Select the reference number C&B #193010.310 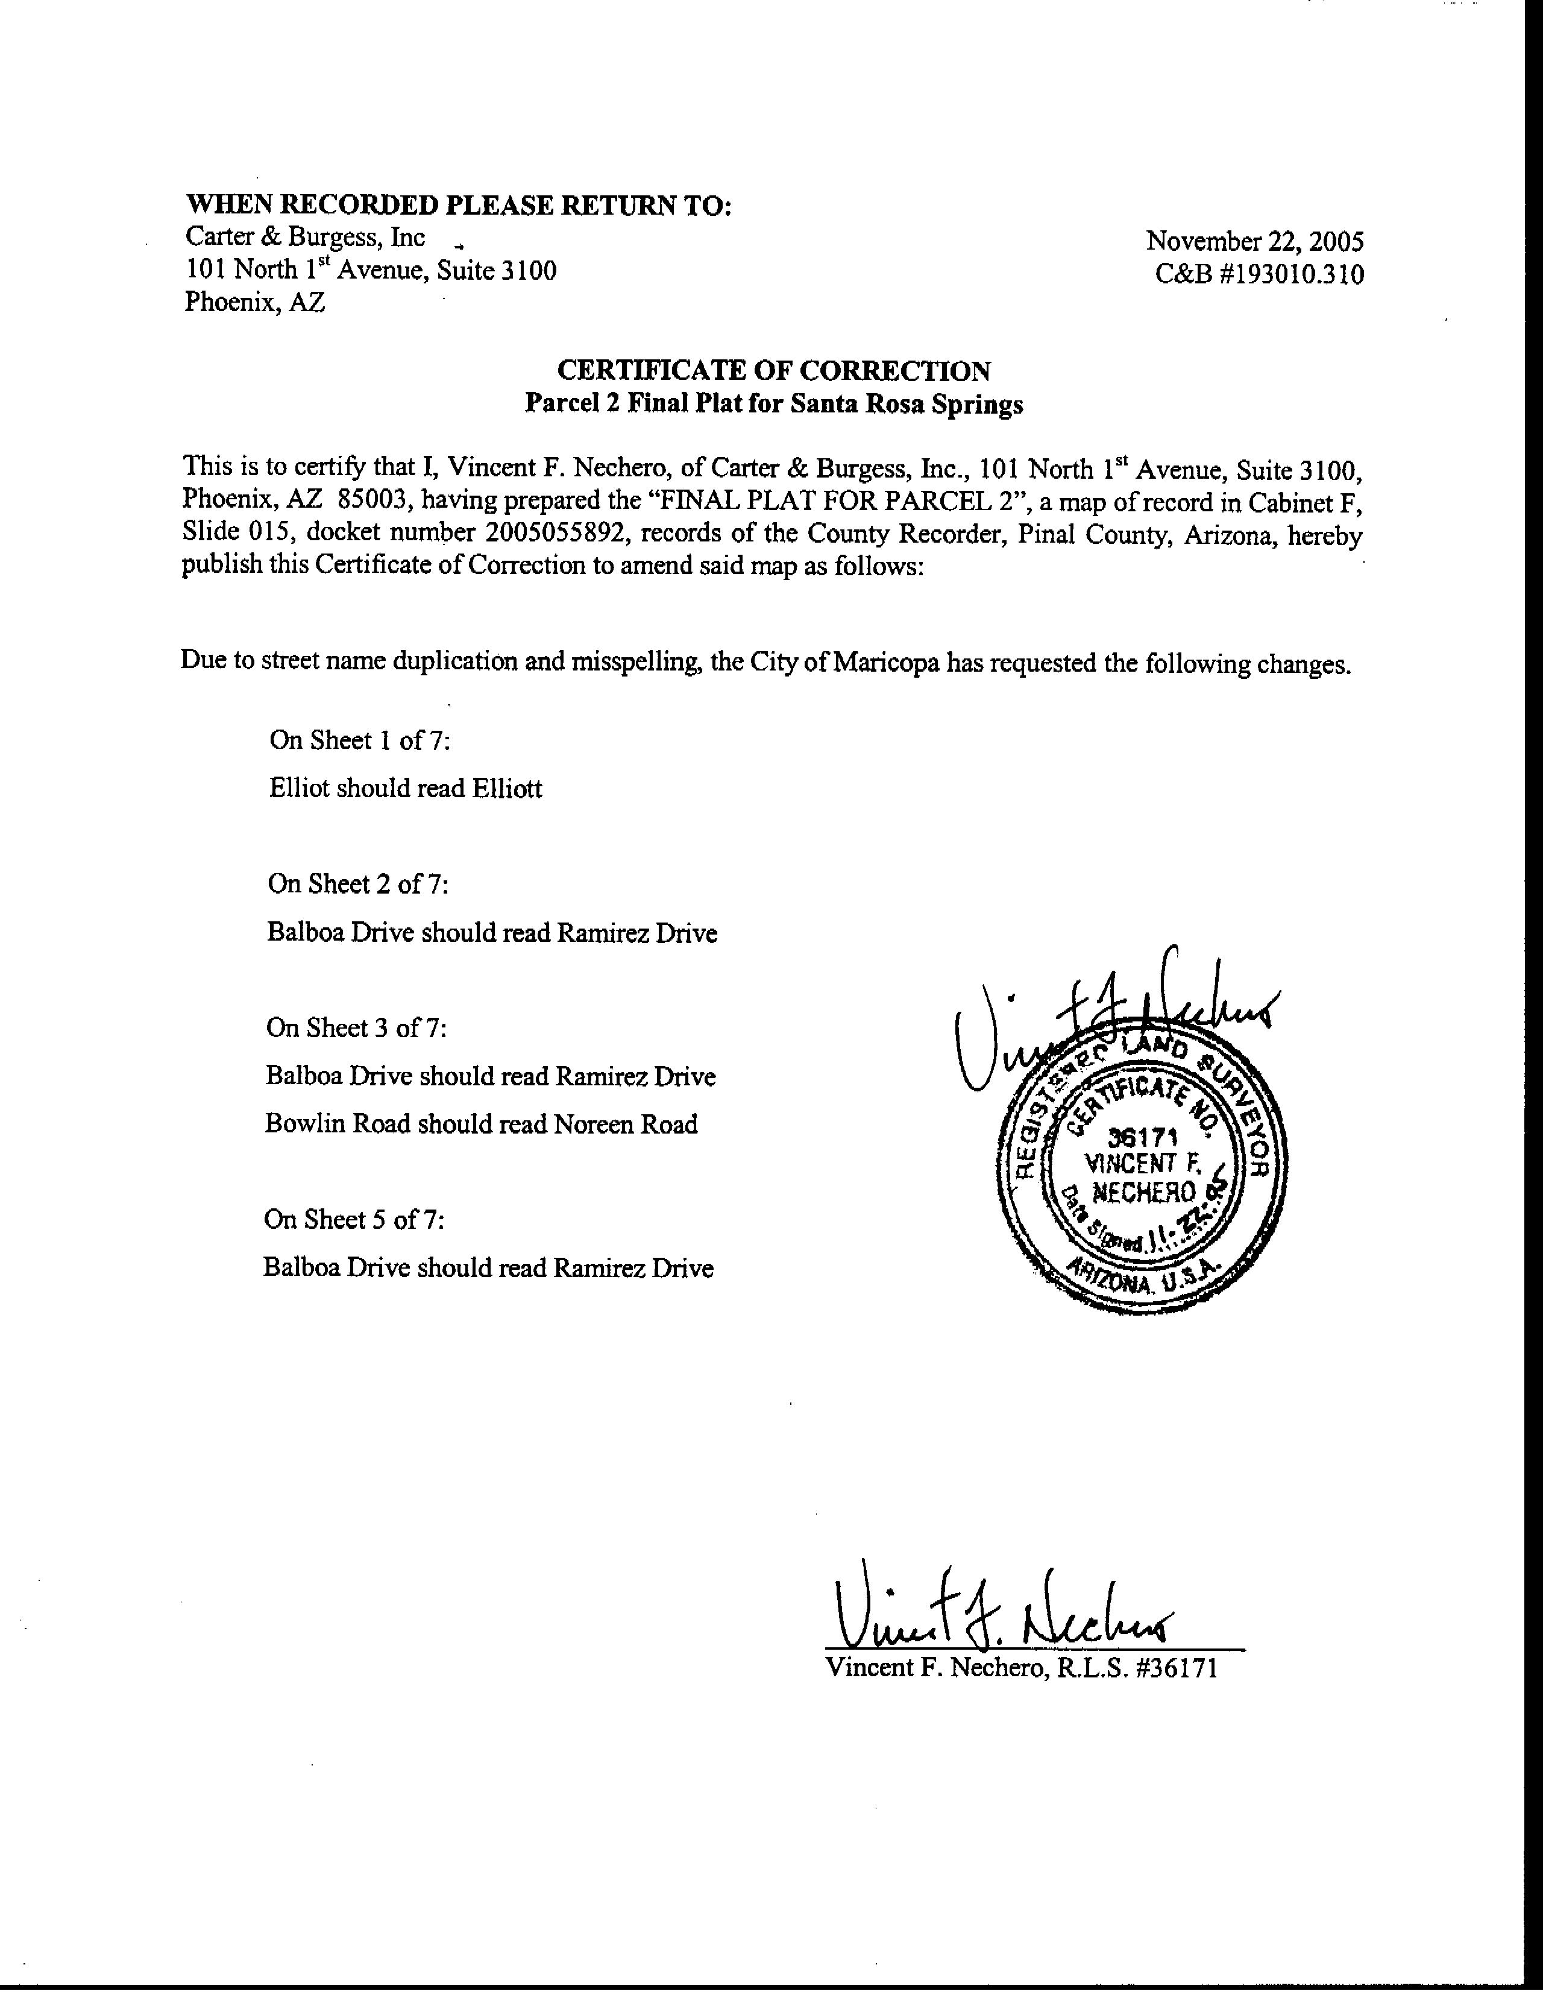pyautogui.click(x=1259, y=274)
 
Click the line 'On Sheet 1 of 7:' pyautogui.click(x=359, y=740)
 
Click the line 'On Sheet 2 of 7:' pyautogui.click(x=357, y=883)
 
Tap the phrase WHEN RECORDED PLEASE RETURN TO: pyautogui.click(x=458, y=205)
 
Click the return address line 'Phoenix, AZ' pyautogui.click(x=254, y=301)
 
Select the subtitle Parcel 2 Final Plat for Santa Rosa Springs pyautogui.click(x=773, y=404)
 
